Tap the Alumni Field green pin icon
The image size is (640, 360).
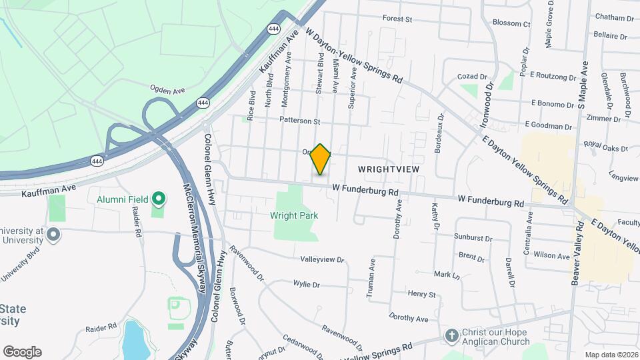(x=159, y=199)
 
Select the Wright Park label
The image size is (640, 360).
(x=294, y=215)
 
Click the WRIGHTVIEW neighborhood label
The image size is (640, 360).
(x=389, y=169)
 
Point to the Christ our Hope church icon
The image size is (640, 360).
(x=452, y=335)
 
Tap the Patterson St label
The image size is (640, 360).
(x=300, y=121)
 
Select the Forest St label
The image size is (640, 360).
(x=398, y=19)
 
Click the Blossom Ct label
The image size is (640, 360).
(x=511, y=23)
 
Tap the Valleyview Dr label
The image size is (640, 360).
(x=322, y=260)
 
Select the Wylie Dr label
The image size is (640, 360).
(x=307, y=284)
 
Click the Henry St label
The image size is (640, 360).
(x=421, y=294)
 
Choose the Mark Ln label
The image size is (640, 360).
(x=447, y=275)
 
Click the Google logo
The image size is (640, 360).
(x=22, y=352)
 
